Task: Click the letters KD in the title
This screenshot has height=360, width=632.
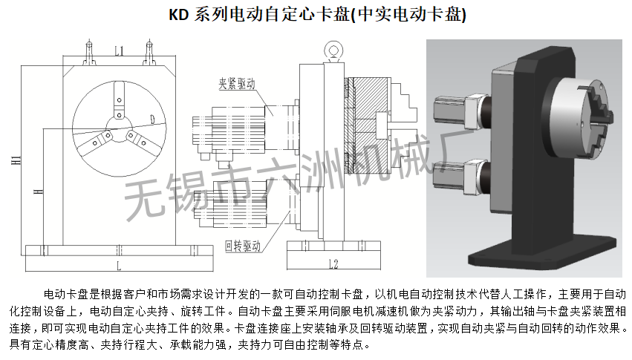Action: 178,15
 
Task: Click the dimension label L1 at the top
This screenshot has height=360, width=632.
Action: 119,51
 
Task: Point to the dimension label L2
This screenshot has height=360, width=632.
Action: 333,264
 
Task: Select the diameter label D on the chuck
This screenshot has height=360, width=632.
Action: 152,119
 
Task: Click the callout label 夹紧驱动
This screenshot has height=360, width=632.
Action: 237,84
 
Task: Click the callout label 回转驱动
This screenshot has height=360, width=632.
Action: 243,246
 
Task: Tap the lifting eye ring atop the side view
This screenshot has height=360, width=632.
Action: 333,50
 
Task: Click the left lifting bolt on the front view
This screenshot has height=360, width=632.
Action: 89,53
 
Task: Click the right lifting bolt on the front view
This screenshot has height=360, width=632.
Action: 149,53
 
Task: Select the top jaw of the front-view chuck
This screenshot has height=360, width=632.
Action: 119,100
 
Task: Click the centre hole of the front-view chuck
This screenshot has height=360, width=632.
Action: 119,129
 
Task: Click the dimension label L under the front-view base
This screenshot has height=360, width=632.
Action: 119,266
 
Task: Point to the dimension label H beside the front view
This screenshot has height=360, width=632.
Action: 39,190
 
